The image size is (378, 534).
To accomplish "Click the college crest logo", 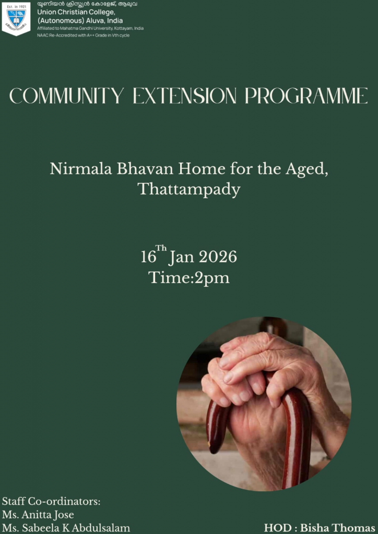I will (16, 19).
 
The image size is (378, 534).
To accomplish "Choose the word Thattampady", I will (189, 189).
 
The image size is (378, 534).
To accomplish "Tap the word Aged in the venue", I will (306, 170).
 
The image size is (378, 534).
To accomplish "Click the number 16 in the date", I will (148, 258).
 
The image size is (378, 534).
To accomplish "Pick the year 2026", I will (218, 257).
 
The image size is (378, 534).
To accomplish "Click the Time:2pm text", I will (189, 277).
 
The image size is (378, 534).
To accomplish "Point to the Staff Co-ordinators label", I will (51, 502).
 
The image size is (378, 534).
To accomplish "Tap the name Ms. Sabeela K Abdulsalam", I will (66, 528).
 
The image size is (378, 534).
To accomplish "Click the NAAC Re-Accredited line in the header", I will (83, 35).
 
